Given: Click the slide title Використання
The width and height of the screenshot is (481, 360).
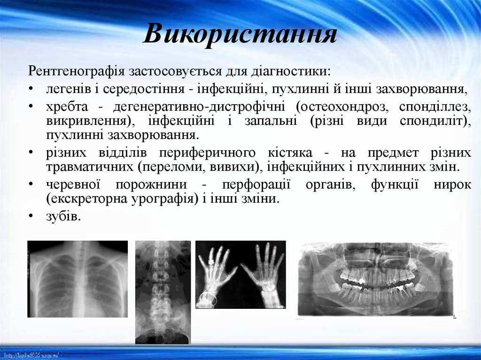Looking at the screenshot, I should click(240, 34).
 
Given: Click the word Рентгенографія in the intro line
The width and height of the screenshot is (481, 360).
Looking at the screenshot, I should click(75, 72).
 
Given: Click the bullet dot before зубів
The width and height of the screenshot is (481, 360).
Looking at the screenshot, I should click(31, 216).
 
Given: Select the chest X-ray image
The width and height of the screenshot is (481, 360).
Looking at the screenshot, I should click(78, 279).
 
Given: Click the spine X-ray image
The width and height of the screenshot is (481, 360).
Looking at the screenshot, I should click(163, 292).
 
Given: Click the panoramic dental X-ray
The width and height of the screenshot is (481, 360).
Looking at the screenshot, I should click(376, 279).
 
